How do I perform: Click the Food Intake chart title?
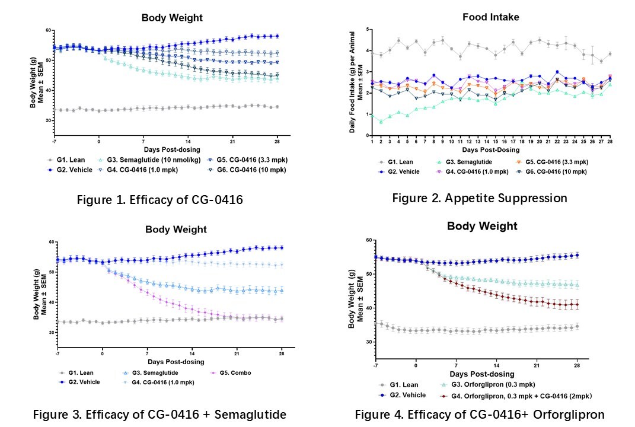click(x=490, y=17)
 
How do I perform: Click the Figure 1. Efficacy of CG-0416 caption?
click(x=159, y=200)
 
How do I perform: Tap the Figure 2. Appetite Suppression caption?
click(x=479, y=198)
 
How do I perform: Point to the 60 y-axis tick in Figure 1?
click(x=40, y=30)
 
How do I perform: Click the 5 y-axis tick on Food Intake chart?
click(x=368, y=29)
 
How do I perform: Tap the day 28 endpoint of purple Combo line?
click(x=281, y=319)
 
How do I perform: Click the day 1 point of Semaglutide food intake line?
click(x=372, y=114)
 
